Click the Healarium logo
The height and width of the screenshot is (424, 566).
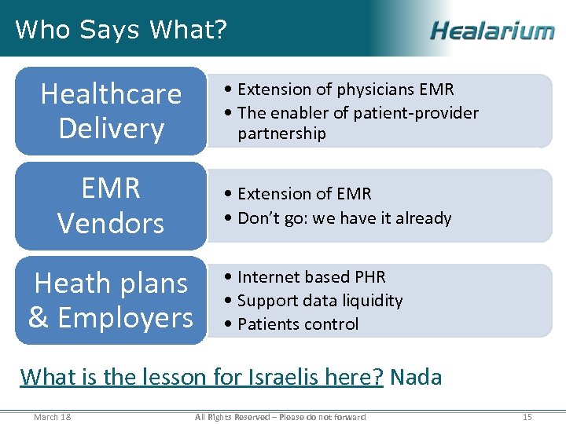[x=492, y=31]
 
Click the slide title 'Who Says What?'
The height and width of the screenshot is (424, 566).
[x=121, y=30]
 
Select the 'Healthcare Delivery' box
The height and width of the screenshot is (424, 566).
[x=111, y=111]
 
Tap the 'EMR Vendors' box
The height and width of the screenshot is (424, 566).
[x=111, y=205]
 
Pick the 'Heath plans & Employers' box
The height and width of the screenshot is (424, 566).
[x=111, y=300]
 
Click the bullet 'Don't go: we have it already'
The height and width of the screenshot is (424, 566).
[x=344, y=217]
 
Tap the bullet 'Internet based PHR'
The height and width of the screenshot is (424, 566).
[x=311, y=276]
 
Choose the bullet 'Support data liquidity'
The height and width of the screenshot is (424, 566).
[x=319, y=300]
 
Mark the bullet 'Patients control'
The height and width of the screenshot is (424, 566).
[x=297, y=323]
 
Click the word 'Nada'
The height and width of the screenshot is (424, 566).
[x=416, y=377]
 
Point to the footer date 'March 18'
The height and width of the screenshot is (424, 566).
[x=52, y=416]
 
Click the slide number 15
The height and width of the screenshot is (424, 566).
[x=527, y=416]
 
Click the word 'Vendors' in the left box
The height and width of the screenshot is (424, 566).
[x=111, y=223]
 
